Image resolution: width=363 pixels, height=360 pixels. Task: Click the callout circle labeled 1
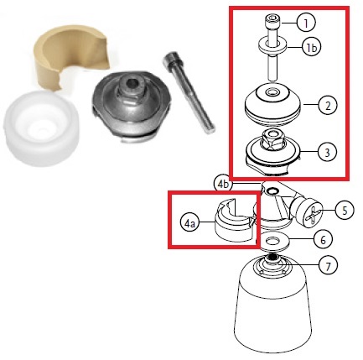(x=307, y=23)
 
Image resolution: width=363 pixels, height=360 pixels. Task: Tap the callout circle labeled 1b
(x=311, y=48)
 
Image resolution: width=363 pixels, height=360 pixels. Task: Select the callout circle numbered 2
(x=328, y=105)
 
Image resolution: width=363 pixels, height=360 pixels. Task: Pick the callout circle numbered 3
(x=327, y=152)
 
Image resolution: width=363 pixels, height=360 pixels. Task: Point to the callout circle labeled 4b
(x=223, y=184)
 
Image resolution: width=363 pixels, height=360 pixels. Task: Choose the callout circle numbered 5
(x=345, y=210)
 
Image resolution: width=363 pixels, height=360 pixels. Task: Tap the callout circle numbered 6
(x=323, y=240)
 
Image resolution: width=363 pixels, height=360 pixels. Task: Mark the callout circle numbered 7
(x=328, y=266)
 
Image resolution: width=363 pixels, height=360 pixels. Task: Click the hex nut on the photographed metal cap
(x=132, y=86)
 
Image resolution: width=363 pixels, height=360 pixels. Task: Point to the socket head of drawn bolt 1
(x=273, y=23)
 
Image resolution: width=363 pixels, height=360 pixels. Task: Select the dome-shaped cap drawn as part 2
(x=272, y=104)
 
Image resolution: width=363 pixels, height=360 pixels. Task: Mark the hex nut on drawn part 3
(x=272, y=140)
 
